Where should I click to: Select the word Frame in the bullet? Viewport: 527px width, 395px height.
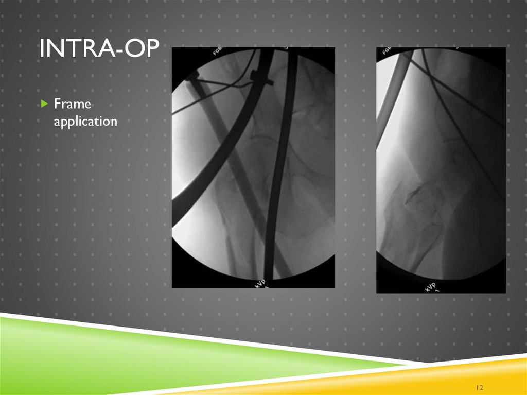pyautogui.click(x=73, y=105)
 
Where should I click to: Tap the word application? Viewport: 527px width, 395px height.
pyautogui.click(x=85, y=122)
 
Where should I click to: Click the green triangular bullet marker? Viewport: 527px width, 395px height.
pyautogui.click(x=44, y=105)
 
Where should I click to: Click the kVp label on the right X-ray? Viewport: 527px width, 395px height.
pyautogui.click(x=430, y=287)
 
